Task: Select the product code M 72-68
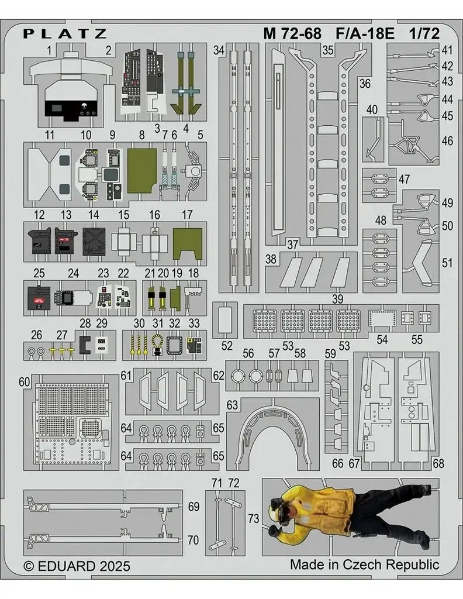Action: tap(292, 33)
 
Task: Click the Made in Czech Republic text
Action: tap(364, 564)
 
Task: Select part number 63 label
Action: tap(233, 405)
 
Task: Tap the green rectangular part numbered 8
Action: tap(141, 166)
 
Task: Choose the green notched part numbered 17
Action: tap(188, 243)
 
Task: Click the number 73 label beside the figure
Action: tap(253, 518)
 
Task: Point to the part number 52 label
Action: tap(227, 345)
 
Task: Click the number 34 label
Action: tap(219, 51)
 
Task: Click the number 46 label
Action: tap(447, 141)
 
